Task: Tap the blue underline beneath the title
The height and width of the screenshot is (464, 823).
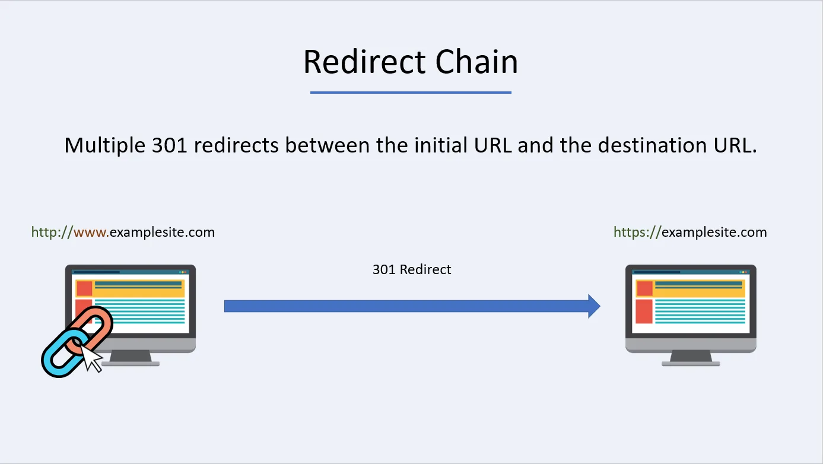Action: click(411, 93)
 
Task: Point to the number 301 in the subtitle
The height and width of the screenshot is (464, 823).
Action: click(170, 145)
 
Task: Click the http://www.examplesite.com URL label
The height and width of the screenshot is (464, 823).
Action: click(123, 232)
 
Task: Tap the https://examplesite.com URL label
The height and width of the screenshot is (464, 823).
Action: click(690, 232)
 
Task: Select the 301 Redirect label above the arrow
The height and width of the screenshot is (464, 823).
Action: click(412, 269)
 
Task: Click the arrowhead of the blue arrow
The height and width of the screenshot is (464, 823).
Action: click(594, 306)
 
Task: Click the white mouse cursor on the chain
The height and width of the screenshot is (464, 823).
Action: click(90, 358)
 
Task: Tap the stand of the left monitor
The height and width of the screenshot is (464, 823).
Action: click(131, 357)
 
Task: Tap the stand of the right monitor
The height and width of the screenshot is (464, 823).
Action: click(691, 357)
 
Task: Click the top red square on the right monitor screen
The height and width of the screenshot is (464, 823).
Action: click(644, 288)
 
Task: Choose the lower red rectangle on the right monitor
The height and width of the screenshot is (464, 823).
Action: click(644, 312)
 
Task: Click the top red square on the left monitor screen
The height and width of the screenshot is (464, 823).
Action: click(84, 288)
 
